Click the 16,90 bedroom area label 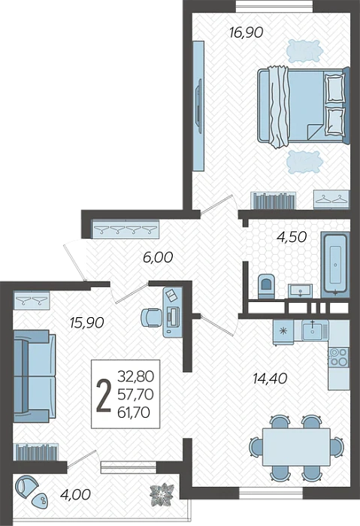(247, 33)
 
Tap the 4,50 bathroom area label (291, 237)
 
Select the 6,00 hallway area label (158, 258)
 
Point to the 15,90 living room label (87, 322)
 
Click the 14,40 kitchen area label (270, 379)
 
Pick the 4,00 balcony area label (75, 494)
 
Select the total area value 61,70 (134, 413)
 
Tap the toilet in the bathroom (267, 286)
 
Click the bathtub (335, 265)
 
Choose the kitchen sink (314, 330)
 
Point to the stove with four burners (339, 357)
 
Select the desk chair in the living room (150, 317)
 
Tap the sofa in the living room (35, 376)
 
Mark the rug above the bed (304, 51)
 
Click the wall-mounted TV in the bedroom (199, 106)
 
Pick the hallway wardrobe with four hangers (126, 230)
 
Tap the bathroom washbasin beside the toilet (301, 290)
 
